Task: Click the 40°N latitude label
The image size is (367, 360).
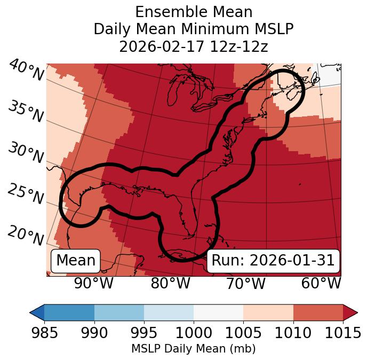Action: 25,71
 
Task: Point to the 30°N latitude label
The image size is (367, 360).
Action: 25,154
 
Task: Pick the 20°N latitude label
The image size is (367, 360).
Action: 25,236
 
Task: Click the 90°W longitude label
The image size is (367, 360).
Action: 93,284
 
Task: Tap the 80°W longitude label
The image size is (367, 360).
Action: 170,284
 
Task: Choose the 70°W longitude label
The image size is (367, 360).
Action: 245,284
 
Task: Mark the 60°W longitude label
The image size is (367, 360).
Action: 321,284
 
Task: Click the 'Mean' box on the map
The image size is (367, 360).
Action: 76,261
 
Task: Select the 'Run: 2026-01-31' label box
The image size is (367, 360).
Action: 273,261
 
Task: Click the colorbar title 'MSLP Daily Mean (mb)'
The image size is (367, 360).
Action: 193,349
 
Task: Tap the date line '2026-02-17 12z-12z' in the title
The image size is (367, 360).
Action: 193,46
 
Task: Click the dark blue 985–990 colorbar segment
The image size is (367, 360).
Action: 69,312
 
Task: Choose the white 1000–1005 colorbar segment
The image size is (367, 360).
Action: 218,312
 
